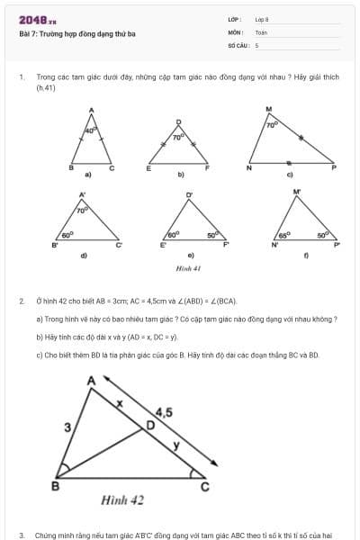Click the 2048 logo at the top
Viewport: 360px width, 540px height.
[x=37, y=19]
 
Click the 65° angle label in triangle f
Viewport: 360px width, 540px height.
[x=284, y=235]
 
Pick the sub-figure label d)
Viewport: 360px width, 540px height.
[x=84, y=256]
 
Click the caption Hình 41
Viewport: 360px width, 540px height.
[x=188, y=268]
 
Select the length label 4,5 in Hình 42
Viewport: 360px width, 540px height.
[x=164, y=412]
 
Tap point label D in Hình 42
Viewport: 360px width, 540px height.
[x=150, y=423]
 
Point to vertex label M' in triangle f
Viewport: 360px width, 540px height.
[x=297, y=192]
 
